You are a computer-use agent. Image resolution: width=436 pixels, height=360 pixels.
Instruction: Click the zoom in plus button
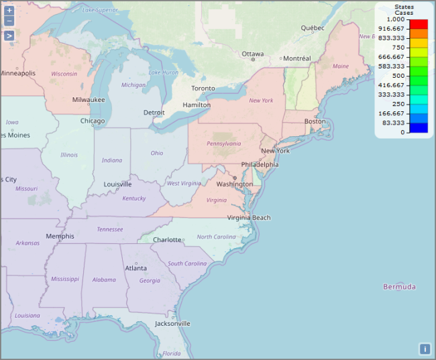[x=9, y=11]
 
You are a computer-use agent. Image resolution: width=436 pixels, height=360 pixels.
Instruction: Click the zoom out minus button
[x=9, y=21]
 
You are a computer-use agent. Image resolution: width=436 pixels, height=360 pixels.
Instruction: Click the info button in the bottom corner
[x=425, y=349]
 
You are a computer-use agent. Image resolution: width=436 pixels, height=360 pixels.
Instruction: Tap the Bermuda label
[x=399, y=287]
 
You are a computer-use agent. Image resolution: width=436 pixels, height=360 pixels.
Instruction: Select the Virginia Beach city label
[x=249, y=217]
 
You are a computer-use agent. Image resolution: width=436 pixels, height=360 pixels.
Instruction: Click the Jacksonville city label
[x=172, y=323]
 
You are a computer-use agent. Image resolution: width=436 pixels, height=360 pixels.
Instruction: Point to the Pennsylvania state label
[x=223, y=143]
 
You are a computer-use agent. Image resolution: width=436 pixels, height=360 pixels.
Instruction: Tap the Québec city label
[x=313, y=28]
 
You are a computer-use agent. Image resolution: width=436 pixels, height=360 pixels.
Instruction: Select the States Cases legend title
[x=404, y=9]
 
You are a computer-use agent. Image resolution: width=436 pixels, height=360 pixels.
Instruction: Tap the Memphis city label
[x=60, y=236]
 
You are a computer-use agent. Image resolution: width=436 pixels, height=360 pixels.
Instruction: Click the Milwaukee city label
[x=89, y=99]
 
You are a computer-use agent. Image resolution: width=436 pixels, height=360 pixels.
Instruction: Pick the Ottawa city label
[x=252, y=54]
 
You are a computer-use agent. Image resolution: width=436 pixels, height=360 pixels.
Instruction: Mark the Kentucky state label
[x=134, y=198]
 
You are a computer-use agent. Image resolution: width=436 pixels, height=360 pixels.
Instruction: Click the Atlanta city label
[x=135, y=268]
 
